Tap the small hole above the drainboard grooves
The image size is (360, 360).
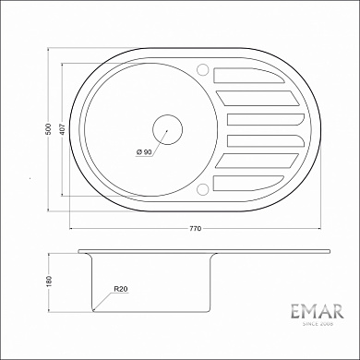pos(202,68)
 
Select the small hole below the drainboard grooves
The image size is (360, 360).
pos(202,191)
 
